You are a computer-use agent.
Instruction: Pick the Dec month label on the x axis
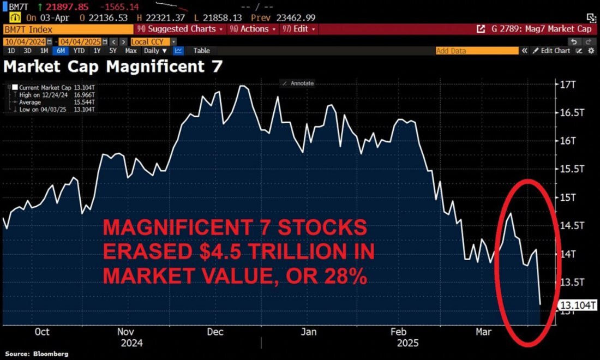pyautogui.click(x=215, y=332)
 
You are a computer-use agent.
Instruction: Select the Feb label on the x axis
pyautogui.click(x=399, y=332)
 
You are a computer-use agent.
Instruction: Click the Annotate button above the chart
pyautogui.click(x=298, y=83)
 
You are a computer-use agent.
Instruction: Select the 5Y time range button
pyautogui.click(x=113, y=51)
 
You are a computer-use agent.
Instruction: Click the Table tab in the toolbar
pyautogui.click(x=201, y=51)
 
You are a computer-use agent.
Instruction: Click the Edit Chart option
pyautogui.click(x=554, y=51)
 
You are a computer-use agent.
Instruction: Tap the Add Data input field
pyautogui.click(x=477, y=51)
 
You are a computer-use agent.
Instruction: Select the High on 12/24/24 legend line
pyautogui.click(x=54, y=94)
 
